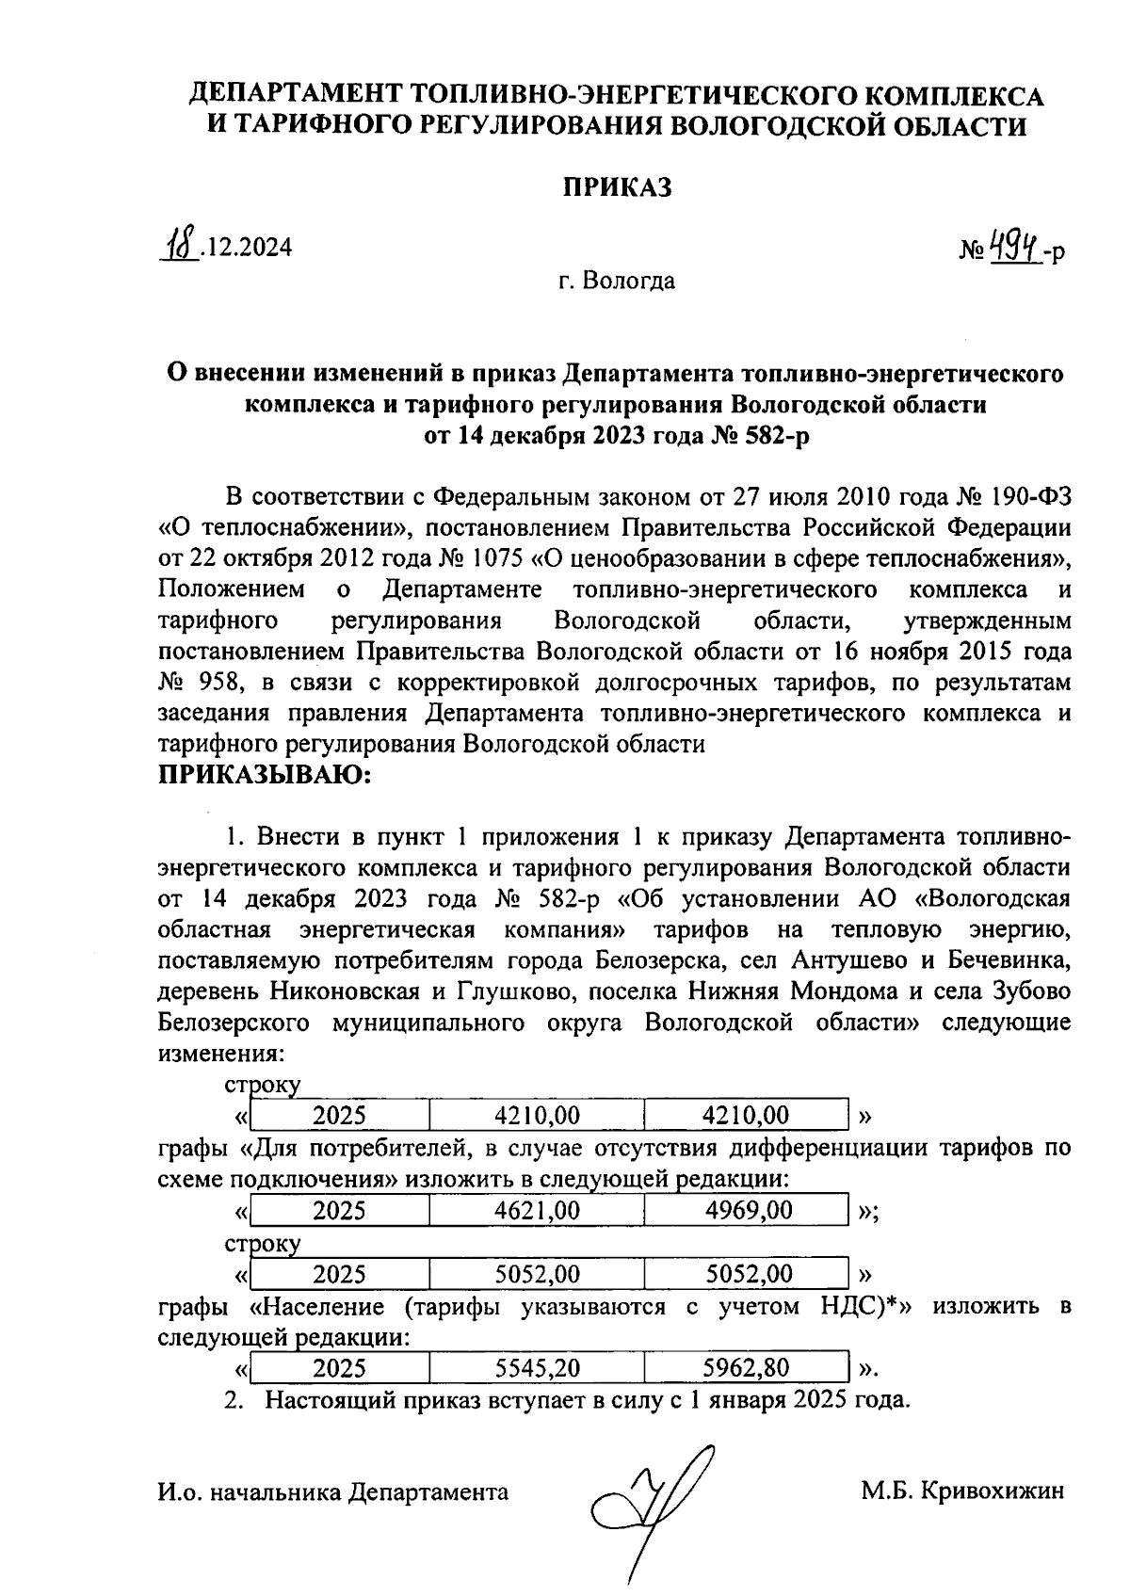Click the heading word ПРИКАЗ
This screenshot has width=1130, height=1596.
pyautogui.click(x=619, y=187)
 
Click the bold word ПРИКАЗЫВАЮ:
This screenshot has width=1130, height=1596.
pyautogui.click(x=266, y=777)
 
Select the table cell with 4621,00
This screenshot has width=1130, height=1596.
pyautogui.click(x=537, y=1210)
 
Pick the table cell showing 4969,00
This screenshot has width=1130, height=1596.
pyautogui.click(x=749, y=1210)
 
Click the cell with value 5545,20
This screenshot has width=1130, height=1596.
pyautogui.click(x=537, y=1368)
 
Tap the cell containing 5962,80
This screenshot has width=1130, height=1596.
pyautogui.click(x=749, y=1368)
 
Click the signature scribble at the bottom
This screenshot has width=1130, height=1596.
pyautogui.click(x=650, y=1497)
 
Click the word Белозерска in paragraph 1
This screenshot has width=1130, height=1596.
pyautogui.click(x=658, y=961)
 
